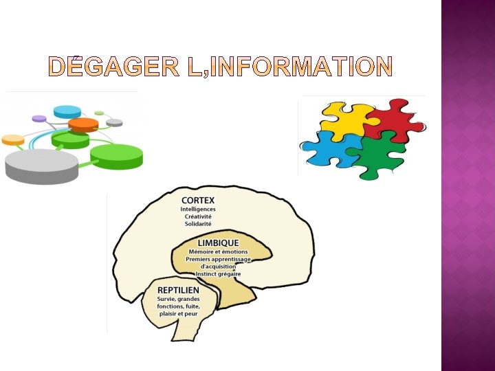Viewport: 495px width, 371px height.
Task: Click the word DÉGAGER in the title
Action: point(109,66)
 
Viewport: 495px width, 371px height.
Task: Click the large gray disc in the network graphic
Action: point(41,166)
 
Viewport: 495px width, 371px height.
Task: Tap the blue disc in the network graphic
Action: point(67,111)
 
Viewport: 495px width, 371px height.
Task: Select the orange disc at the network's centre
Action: point(83,124)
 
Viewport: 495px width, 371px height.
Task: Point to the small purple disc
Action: point(39,119)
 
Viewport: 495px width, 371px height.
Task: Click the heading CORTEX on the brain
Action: point(198,200)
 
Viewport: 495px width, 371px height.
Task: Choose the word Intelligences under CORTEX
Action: point(198,209)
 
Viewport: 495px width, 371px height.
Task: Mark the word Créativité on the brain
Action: point(198,216)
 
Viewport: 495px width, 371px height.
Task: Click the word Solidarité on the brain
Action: point(198,224)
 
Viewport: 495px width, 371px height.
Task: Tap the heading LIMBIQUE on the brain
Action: point(218,243)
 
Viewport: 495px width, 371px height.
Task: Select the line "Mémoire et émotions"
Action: point(218,251)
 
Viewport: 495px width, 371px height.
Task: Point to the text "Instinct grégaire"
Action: point(218,274)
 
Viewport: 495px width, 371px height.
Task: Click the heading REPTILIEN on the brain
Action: point(178,290)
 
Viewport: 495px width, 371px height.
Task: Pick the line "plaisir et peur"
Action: point(177,313)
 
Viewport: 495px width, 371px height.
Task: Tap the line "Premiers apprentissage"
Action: point(219,259)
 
